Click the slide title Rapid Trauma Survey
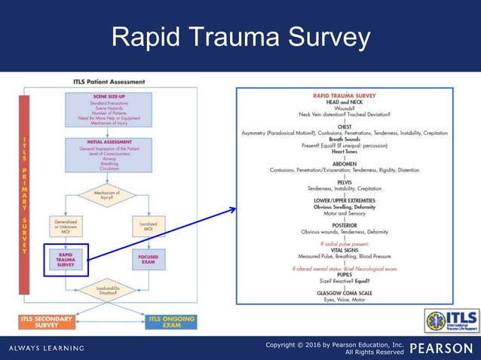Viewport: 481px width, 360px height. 240,37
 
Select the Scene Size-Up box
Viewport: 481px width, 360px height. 114,108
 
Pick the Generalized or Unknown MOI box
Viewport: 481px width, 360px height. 66,226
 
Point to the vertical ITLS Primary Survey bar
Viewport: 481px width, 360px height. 26,196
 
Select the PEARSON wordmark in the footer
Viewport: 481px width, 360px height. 443,347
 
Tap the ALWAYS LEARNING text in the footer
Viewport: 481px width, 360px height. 47,348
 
